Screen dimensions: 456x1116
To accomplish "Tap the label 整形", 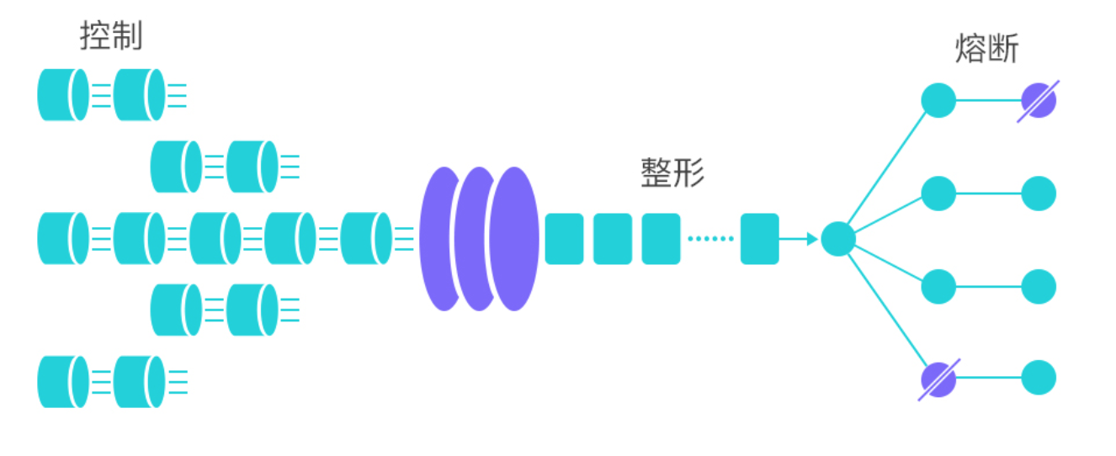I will (x=672, y=172).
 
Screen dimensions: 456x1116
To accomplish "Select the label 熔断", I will (x=986, y=49).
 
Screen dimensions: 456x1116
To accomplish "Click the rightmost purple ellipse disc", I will (x=514, y=239).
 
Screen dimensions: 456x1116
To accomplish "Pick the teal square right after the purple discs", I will (x=564, y=239).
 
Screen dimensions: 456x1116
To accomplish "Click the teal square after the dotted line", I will (x=759, y=239).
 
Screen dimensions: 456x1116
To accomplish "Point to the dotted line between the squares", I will (x=710, y=239).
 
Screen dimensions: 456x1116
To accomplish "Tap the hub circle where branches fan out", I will (x=837, y=239).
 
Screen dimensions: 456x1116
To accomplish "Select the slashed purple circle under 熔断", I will (x=1038, y=101).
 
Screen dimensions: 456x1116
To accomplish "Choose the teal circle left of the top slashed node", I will (x=938, y=101).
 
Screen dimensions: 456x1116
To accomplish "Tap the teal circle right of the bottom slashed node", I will (x=1038, y=379).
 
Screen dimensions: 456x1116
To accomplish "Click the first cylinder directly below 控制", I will (x=62, y=95).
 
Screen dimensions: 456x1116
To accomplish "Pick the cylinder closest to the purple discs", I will (x=366, y=239).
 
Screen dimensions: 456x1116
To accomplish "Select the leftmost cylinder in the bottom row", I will (x=62, y=382).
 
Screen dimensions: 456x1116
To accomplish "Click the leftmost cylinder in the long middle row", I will (x=62, y=239).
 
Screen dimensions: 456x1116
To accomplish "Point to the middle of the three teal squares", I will (x=612, y=239).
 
